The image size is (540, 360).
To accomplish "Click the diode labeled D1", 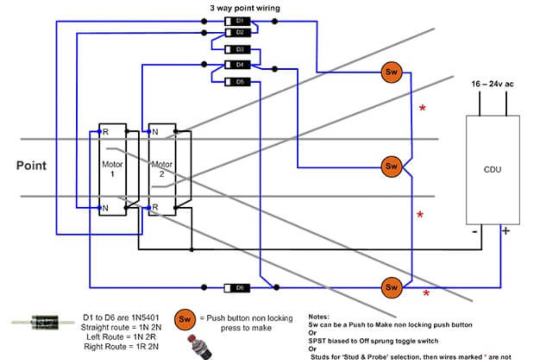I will point(237,21).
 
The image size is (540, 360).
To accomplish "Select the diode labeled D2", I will point(237,33).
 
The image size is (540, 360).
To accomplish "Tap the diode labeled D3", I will point(237,49).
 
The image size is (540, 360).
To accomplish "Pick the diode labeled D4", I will point(237,65).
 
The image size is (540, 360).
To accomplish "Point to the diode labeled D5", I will point(237,82).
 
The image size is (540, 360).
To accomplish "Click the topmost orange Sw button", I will point(391,72).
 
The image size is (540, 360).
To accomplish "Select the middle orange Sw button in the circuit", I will point(391,166).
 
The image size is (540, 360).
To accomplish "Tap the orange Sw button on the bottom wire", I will point(391,287).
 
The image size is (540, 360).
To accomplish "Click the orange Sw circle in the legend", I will point(185,319).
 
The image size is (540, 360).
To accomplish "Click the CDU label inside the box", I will point(492,170).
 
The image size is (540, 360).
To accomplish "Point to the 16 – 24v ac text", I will point(492,84).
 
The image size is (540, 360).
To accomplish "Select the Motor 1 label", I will point(112,169).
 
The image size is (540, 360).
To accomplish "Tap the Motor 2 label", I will point(162,169).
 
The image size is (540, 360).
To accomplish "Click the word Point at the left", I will point(31,166).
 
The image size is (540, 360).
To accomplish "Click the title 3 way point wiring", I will point(245,8).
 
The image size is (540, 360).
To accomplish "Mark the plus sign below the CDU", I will point(506,231).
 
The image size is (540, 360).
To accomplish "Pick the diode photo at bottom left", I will point(44,322).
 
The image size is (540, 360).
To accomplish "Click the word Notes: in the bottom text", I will point(318,317).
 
